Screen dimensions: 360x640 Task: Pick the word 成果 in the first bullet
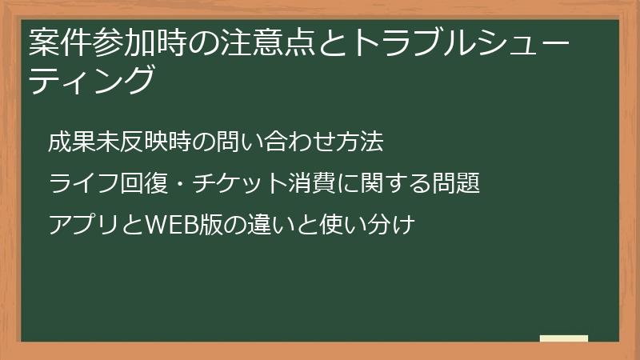click(x=66, y=143)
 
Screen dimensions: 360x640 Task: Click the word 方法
click(x=365, y=143)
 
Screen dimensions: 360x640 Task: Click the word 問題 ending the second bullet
click(x=460, y=184)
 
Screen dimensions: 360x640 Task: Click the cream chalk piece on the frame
click(x=563, y=338)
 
